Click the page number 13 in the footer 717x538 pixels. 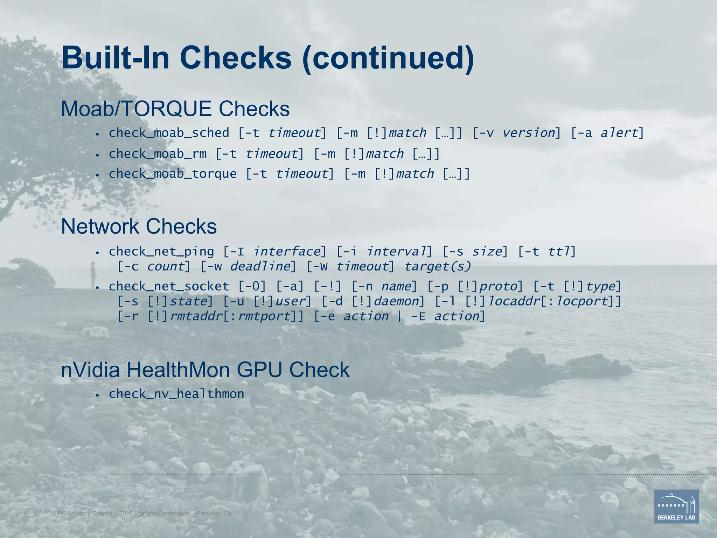358,513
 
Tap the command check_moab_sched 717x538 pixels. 169,133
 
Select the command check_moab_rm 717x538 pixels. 158,154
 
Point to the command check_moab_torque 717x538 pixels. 173,174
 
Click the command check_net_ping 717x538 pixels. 161,251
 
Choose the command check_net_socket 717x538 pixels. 169,287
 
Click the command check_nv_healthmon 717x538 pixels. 176,394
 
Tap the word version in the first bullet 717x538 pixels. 529,133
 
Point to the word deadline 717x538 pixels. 260,267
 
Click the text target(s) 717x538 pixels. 438,267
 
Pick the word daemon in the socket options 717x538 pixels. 396,301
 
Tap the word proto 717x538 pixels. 499,287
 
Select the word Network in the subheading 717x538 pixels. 100,227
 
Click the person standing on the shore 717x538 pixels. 93,274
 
